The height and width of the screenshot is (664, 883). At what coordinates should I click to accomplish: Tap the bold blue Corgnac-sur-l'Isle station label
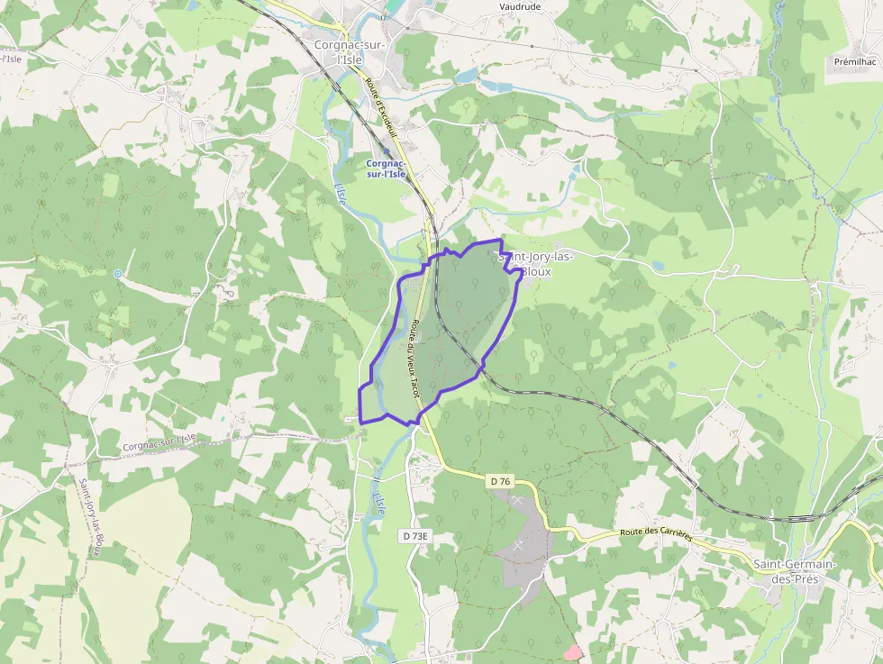point(386,168)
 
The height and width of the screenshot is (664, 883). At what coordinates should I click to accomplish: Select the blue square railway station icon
point(387,152)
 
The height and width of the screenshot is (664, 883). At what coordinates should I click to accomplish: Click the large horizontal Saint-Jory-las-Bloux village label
point(536,264)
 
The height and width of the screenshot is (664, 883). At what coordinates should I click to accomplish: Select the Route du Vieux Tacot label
point(414,359)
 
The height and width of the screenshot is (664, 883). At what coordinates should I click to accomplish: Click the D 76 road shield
point(501,482)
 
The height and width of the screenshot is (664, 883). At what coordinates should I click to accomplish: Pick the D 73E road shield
point(415,536)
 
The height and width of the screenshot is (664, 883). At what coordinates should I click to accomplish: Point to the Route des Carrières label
point(656,534)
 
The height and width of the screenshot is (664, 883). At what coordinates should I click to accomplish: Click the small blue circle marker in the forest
point(118,273)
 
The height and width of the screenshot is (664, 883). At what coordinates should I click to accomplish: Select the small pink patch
point(572,651)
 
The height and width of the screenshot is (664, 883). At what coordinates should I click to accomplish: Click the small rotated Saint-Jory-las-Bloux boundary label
point(92,518)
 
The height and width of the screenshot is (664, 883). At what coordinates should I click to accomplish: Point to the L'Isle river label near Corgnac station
point(340,193)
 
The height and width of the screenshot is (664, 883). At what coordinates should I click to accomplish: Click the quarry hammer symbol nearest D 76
point(517,498)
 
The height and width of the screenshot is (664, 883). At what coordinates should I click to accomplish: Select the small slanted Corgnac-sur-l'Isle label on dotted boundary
point(159,441)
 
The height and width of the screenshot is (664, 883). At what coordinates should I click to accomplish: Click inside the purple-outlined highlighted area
point(451,333)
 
